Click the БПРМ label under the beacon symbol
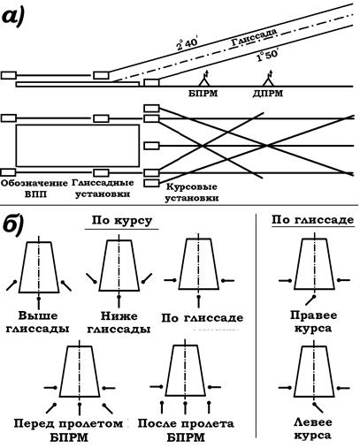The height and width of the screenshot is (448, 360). pos(203,94)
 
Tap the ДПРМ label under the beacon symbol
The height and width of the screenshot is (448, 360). pos(268,94)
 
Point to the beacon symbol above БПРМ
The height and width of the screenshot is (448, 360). pos(204,79)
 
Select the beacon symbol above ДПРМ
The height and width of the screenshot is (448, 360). pos(268,79)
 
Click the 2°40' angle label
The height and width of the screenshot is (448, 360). pos(188,43)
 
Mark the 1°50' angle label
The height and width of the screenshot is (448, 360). pos(268,55)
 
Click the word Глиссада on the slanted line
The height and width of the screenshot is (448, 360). pos(254,37)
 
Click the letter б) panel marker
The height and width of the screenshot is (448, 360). pos(12,226)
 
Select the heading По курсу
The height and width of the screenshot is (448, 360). pos(122,221)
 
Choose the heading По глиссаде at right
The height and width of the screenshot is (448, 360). pos(313,220)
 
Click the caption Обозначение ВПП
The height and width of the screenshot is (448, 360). pos(34,189)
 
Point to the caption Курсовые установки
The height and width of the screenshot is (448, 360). pos(192,193)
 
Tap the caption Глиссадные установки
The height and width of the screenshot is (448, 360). pos(103,188)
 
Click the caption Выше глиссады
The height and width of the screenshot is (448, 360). pos(37,322)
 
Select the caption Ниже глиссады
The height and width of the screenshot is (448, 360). pos(119,323)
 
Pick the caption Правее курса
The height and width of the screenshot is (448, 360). pos(313,322)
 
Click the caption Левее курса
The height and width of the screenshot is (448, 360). pos(312,429)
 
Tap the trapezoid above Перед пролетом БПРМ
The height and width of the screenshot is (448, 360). pos(80,372)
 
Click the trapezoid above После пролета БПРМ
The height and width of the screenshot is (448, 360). pos(185,370)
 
